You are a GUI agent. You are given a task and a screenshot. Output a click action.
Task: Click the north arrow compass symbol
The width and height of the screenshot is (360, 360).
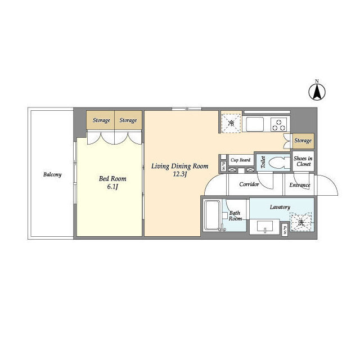click(317, 92)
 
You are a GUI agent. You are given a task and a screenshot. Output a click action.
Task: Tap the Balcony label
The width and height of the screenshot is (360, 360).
click(52, 175)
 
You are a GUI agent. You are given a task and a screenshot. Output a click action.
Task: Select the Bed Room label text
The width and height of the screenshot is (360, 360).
click(112, 179)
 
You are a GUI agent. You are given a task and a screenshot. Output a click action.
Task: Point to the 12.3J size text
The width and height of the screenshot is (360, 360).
click(180, 174)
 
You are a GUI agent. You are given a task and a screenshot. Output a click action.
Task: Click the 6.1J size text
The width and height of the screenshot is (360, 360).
click(112, 187)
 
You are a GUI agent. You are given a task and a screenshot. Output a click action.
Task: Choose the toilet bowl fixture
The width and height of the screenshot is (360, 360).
click(279, 163)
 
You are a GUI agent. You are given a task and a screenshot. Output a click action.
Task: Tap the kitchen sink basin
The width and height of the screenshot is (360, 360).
click(255, 124)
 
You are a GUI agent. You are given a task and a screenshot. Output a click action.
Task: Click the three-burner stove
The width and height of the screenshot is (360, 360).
click(278, 124)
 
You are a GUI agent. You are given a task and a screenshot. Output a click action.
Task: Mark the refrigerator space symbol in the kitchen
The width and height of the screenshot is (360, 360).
click(231, 123)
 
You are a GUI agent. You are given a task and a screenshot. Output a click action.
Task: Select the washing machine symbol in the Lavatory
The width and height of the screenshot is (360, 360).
click(301, 222)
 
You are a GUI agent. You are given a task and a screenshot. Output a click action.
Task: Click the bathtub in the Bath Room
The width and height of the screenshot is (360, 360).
click(212, 215)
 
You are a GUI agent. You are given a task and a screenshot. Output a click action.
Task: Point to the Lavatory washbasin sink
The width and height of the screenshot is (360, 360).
click(265, 227)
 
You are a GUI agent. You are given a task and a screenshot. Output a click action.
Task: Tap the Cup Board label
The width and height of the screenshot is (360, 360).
click(241, 160)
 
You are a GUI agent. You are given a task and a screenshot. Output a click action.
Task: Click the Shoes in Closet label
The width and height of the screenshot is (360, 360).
click(303, 161)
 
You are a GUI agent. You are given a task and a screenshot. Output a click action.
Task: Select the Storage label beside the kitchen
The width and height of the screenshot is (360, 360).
click(303, 141)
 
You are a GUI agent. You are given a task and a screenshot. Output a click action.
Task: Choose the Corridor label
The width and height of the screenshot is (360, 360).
click(249, 184)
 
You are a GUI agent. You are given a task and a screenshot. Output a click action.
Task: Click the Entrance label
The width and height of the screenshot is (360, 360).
click(300, 185)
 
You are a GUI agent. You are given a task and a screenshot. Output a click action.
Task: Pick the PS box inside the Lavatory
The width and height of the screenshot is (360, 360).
click(285, 230)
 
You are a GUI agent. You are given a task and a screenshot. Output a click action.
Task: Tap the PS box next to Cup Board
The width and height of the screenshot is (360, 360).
click(224, 165)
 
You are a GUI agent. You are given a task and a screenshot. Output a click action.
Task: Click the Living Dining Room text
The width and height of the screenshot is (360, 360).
click(180, 166)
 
